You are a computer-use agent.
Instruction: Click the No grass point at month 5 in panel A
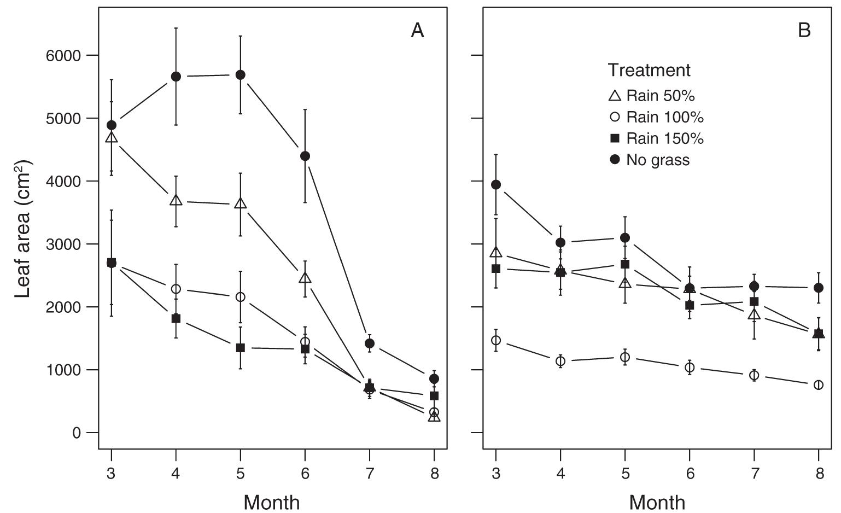[240, 75]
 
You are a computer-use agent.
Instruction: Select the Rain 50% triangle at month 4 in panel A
[176, 201]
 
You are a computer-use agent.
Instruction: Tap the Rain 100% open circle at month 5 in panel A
[240, 297]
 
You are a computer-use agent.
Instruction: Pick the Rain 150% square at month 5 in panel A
[240, 348]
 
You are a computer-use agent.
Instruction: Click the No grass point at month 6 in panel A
[305, 156]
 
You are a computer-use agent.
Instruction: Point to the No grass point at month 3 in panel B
[496, 185]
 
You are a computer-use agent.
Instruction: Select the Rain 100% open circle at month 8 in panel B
[819, 385]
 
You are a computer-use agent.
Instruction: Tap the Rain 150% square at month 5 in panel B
[625, 264]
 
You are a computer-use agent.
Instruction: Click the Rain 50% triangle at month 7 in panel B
[754, 314]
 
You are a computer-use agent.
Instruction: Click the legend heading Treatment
[649, 70]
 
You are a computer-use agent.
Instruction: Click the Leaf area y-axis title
[24, 229]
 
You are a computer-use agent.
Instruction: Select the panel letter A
[417, 31]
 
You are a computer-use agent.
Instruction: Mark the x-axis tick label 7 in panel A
[370, 473]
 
